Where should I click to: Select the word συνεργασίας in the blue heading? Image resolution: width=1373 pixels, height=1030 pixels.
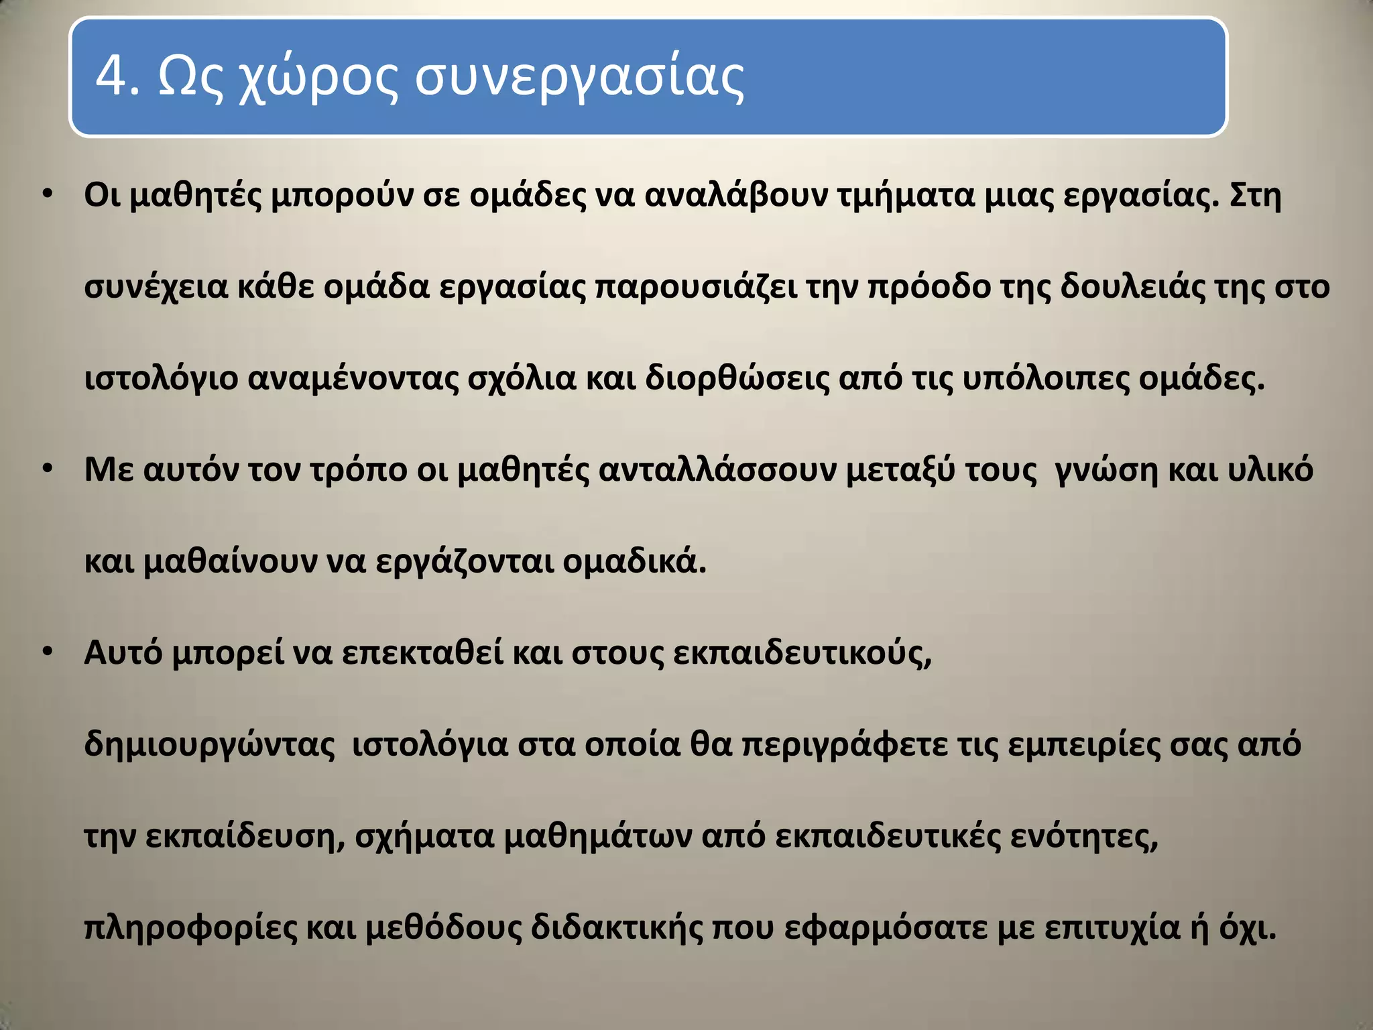coord(579,78)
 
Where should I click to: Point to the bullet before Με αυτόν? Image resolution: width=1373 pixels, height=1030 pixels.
coord(47,469)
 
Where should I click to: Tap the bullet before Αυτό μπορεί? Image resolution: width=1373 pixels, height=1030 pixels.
coord(47,652)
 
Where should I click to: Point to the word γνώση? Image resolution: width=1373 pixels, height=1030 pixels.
coord(1106,470)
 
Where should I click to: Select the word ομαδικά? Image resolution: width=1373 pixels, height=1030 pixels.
coord(634,561)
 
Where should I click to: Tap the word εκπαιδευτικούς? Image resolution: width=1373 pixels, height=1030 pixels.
coord(802,653)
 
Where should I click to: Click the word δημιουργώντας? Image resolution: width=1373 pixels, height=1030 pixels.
coord(209,745)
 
